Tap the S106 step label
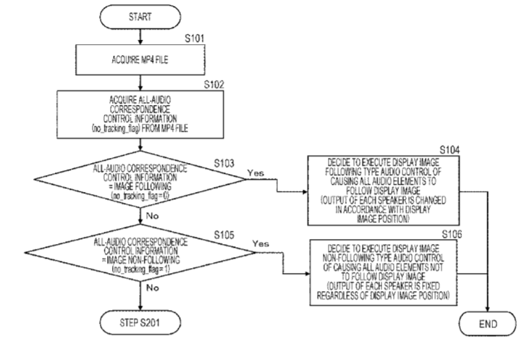tap(454, 233)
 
